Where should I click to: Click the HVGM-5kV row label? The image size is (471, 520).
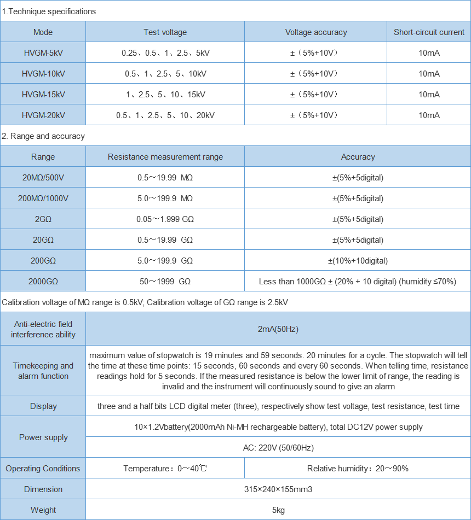[x=43, y=53]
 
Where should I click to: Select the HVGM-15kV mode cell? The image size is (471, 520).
[x=43, y=95]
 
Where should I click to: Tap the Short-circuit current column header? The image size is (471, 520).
[x=429, y=32]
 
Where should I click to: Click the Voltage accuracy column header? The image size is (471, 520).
[x=316, y=32]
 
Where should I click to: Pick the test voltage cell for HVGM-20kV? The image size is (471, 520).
[x=165, y=115]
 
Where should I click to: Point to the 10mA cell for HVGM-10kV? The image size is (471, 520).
[x=429, y=74]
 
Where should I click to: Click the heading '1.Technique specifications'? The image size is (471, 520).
[x=49, y=11]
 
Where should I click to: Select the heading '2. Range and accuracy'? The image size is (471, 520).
[x=43, y=136]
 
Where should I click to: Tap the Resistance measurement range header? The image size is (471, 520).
[x=165, y=157]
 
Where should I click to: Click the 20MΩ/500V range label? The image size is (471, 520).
[x=43, y=178]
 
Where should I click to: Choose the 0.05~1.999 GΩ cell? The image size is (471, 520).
[x=165, y=219]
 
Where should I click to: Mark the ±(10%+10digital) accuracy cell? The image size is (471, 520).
[x=358, y=261]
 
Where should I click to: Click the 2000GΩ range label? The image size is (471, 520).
[x=43, y=282]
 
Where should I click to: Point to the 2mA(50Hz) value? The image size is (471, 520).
[x=278, y=329]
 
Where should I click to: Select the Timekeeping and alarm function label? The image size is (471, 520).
[x=43, y=371]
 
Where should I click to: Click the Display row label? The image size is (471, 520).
[x=43, y=406]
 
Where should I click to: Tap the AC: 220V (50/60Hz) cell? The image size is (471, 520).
[x=278, y=448]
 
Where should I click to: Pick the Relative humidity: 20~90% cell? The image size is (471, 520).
[x=358, y=469]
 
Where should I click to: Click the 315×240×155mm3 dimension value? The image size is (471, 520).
[x=278, y=489]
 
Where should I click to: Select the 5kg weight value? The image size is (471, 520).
[x=278, y=510]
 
